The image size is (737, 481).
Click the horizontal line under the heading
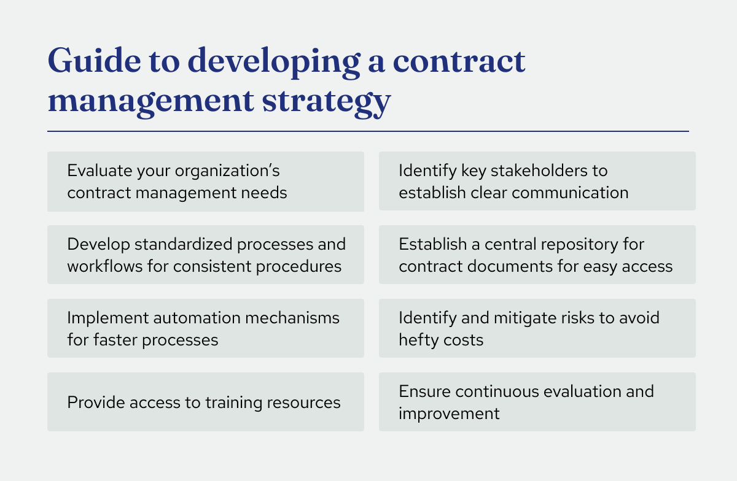click(368, 131)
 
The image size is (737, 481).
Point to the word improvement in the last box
click(449, 413)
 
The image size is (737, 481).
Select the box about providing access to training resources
click(205, 402)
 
